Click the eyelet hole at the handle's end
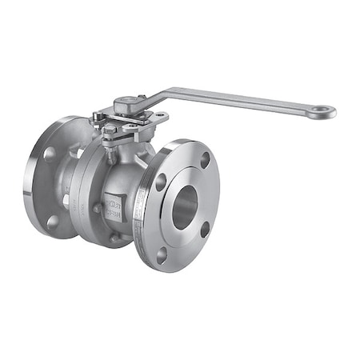[322, 111]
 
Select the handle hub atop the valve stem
[129, 104]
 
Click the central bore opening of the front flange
[183, 207]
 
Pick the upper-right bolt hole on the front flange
[206, 160]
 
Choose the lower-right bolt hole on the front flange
[205, 229]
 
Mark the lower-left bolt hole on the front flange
[161, 255]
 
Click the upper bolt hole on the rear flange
[50, 153]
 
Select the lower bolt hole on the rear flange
[53, 222]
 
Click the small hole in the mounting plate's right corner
[162, 117]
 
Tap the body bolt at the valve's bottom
[115, 237]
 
